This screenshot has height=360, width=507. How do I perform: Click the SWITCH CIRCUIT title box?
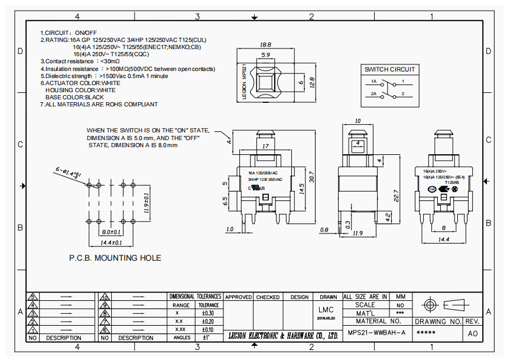pyautogui.click(x=389, y=69)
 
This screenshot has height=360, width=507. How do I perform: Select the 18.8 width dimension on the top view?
pyautogui.click(x=265, y=45)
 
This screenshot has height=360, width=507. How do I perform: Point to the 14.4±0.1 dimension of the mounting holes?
pyautogui.click(x=110, y=242)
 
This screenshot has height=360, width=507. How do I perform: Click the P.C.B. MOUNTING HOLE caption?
pyautogui.click(x=115, y=258)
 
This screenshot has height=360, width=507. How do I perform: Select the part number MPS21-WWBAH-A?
pyautogui.click(x=376, y=332)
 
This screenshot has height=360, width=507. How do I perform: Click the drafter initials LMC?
pyautogui.click(x=326, y=310)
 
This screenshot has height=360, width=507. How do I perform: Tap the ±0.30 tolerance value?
pyautogui.click(x=207, y=313)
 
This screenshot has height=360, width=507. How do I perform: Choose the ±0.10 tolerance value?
pyautogui.click(x=207, y=329)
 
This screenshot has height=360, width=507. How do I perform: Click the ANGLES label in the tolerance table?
pyautogui.click(x=182, y=338)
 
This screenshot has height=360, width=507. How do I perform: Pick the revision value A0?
pyautogui.click(x=473, y=333)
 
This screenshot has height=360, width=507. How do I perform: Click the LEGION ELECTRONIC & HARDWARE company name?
pyautogui.click(x=283, y=336)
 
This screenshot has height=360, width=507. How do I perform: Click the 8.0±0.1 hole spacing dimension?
pyautogui.click(x=111, y=232)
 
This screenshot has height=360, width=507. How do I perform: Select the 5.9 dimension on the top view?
pyautogui.click(x=265, y=55)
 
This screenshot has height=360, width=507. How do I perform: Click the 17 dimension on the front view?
pyautogui.click(x=265, y=146)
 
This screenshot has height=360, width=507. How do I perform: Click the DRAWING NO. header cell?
pyautogui.click(x=437, y=322)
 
